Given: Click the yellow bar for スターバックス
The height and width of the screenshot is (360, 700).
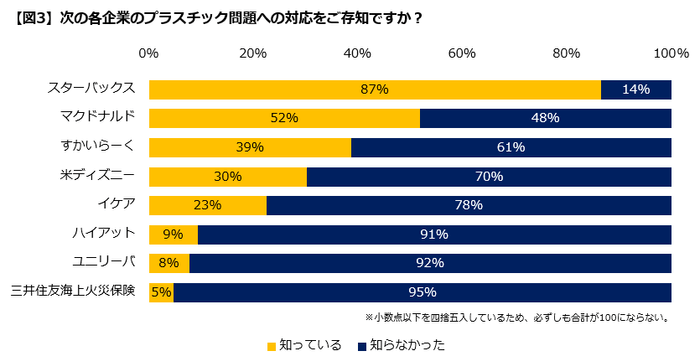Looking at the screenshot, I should pos(374,89).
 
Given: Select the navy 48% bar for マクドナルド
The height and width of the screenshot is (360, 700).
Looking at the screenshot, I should pos(545,118).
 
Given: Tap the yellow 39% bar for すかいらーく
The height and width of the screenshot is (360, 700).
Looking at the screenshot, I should pos(250,147).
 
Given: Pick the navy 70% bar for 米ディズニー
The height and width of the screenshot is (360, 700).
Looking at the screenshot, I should pos(488,177).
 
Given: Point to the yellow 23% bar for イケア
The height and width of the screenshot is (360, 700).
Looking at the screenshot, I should pos(208,206).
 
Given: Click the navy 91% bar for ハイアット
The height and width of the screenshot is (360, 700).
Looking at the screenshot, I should pos(434,235).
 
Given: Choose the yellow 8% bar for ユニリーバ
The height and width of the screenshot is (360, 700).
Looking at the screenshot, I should pos(169,264).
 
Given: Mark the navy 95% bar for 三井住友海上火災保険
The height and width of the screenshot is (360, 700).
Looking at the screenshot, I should pos(422,293).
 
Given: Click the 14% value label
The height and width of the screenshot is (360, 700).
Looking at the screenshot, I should pos(635,89).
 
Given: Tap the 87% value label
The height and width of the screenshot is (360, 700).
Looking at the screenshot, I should pos(374,89).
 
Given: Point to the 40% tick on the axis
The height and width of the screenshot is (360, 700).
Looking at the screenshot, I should pos(358,53).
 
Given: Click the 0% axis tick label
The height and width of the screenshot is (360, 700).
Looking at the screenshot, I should pos(149,53).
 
